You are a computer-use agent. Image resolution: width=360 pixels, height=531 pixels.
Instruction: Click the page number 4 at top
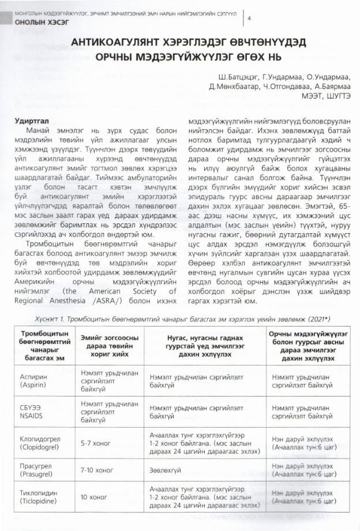click(x=249, y=18)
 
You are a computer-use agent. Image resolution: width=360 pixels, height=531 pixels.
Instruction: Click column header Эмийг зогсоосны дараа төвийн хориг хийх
click(x=109, y=344)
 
